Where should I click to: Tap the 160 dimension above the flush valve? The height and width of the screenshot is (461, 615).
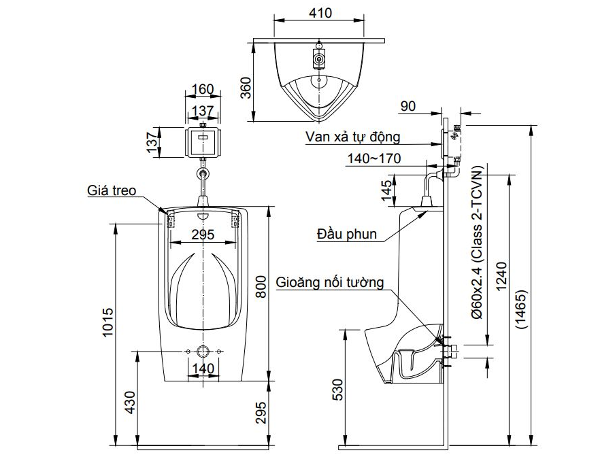pos(202,89)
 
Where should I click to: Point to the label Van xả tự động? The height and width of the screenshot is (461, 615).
pos(352,137)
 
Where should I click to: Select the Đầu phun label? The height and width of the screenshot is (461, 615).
pos(346,234)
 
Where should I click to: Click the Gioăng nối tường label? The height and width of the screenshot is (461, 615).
pos(330,281)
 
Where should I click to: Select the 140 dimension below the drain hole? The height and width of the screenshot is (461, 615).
pos(203,368)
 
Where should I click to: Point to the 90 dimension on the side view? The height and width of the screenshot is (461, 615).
pos(408,105)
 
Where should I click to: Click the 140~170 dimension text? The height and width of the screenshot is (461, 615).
pos(373,159)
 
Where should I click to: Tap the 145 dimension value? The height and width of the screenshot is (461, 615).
pos(387,190)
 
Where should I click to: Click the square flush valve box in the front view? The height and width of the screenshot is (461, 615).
pos(203,141)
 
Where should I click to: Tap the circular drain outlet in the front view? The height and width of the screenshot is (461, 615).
pos(203,352)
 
